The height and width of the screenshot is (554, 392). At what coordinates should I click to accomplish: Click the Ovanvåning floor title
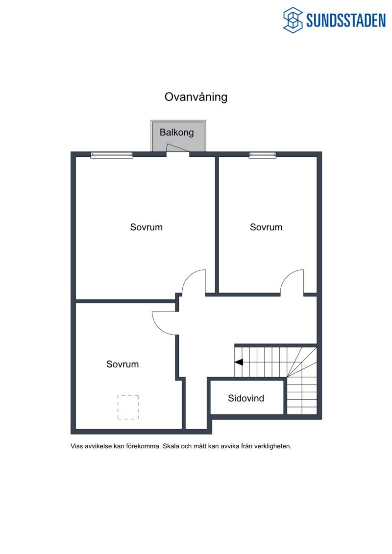click(196, 97)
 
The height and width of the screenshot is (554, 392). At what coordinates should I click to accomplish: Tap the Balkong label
click(177, 132)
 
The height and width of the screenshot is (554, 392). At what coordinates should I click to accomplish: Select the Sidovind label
click(246, 398)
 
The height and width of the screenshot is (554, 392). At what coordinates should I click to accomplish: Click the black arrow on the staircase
click(239, 362)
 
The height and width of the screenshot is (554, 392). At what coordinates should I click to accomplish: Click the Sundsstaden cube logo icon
click(293, 20)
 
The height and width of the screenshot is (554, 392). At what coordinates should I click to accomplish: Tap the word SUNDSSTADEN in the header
click(346, 20)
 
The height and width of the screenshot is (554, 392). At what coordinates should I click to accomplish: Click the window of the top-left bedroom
click(112, 155)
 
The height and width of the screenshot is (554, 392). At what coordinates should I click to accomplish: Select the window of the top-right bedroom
click(262, 155)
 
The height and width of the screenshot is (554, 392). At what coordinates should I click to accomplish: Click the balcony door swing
click(177, 147)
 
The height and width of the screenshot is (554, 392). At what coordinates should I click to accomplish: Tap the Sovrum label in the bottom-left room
click(122, 364)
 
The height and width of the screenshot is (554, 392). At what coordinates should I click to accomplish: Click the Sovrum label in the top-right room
click(266, 227)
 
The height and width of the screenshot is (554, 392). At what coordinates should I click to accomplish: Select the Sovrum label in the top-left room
click(147, 227)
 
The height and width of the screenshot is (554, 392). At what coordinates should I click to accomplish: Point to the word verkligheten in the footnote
click(273, 446)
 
